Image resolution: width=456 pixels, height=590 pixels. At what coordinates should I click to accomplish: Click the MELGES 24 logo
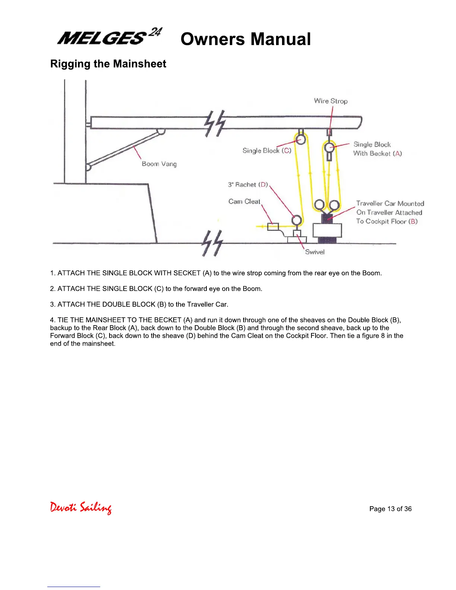[110, 37]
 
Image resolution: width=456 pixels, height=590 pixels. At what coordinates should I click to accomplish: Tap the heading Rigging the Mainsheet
[108, 64]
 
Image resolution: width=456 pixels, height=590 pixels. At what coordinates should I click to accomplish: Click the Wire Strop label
[330, 101]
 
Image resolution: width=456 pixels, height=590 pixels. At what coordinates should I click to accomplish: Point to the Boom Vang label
[159, 164]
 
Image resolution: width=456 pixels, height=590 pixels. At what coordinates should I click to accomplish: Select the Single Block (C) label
[267, 150]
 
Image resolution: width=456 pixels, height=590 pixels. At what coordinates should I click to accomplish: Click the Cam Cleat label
[244, 202]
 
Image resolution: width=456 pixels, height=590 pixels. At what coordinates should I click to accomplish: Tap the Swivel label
[315, 252]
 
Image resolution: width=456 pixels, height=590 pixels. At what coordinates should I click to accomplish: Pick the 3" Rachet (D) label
[248, 185]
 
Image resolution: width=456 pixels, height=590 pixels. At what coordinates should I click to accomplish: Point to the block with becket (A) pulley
[330, 147]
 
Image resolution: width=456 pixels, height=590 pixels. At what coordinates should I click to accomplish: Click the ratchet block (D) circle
[297, 220]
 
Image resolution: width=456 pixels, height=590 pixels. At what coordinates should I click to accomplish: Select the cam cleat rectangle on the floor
[273, 226]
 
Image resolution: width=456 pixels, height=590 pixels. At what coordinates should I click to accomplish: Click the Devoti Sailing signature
[81, 508]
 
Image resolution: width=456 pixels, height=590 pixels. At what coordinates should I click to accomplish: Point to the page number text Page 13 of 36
[390, 509]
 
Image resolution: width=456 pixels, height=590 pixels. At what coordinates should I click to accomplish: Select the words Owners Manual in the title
[246, 39]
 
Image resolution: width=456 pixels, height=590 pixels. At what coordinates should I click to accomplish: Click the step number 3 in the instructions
[52, 304]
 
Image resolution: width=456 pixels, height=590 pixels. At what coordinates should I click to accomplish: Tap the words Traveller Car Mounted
[390, 204]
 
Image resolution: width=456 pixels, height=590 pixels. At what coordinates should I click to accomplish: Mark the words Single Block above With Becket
[372, 145]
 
